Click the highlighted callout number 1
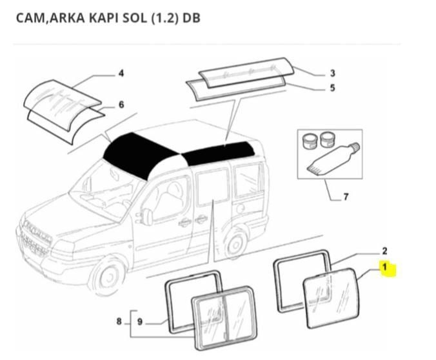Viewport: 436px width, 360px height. click(x=384, y=266)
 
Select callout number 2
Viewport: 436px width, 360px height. click(x=384, y=250)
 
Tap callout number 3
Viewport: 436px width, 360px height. click(x=332, y=73)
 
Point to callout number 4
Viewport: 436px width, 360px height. click(x=121, y=73)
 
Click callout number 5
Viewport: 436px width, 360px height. click(x=332, y=88)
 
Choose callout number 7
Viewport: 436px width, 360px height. click(x=346, y=197)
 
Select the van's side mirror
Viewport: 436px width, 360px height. click(x=148, y=217)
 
